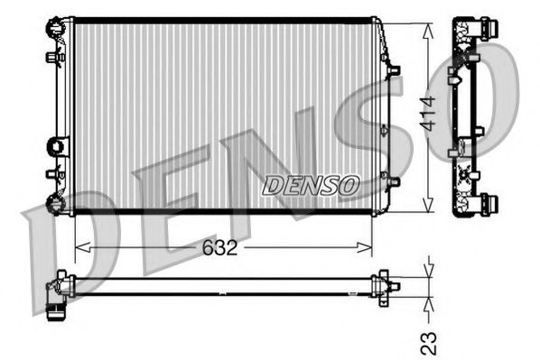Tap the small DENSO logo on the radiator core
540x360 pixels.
pos(310,184)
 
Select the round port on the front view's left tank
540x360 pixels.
pos(59,144)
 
